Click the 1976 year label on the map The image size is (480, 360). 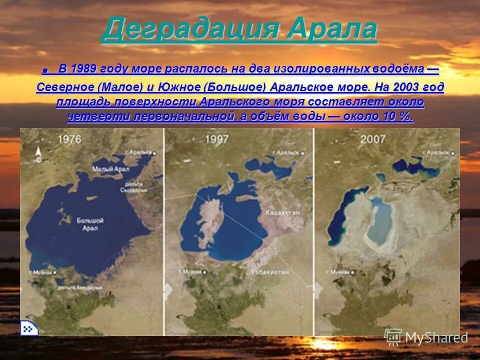(70, 139)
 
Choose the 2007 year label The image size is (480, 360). (373, 138)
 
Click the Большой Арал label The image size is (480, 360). (90, 223)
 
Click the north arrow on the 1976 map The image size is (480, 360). (38, 152)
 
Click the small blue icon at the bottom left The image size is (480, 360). (27, 328)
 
